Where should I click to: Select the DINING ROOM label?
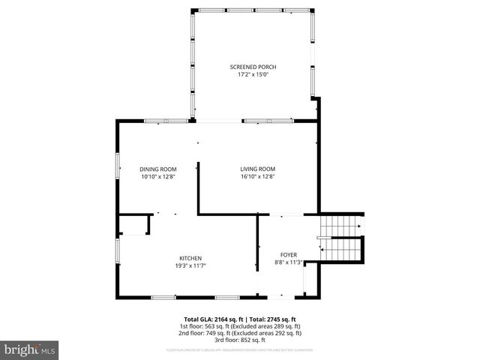pos(157,169)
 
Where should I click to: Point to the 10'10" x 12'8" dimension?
pos(157,176)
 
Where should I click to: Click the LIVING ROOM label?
pos(258,169)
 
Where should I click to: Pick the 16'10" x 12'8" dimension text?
pos(258,176)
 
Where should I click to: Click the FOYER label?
pos(289,255)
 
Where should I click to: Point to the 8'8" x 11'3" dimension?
pos(289,262)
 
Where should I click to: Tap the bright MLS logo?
pos(30,349)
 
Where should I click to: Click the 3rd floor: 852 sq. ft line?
pos(240,340)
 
